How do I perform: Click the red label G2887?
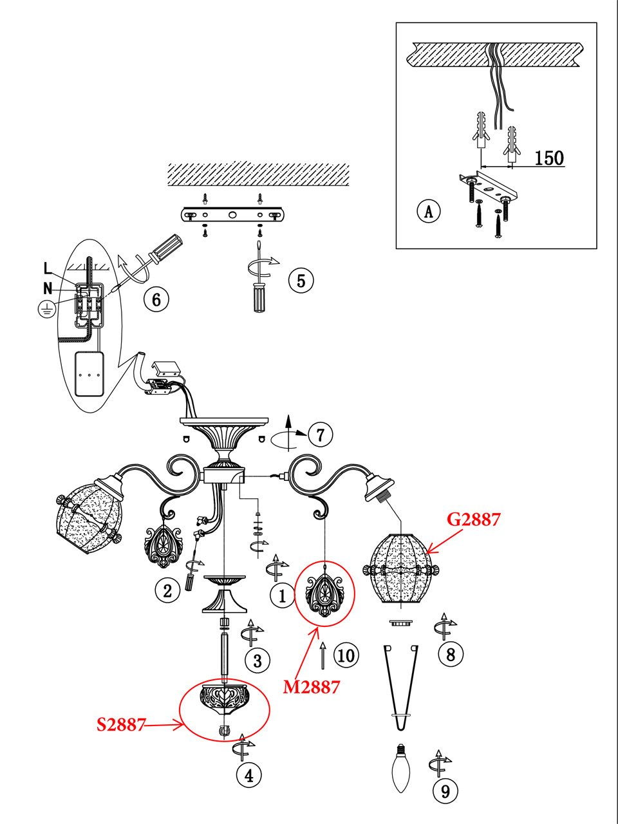tap(474, 520)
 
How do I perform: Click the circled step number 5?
tap(301, 281)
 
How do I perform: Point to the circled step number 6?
tap(156, 299)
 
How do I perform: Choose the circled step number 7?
tap(320, 435)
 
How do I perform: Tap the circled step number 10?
tap(346, 655)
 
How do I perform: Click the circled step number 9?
tap(445, 791)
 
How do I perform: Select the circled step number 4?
tap(249, 775)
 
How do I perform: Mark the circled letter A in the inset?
tap(429, 211)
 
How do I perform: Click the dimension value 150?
tap(549, 158)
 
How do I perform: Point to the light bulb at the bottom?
tap(401, 767)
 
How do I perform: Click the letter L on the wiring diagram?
tap(48, 268)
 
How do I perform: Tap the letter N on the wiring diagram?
tap(48, 288)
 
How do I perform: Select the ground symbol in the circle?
tap(47, 310)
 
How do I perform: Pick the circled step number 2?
tap(167, 590)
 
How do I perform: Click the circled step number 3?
tap(257, 660)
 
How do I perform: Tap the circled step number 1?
tap(283, 595)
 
